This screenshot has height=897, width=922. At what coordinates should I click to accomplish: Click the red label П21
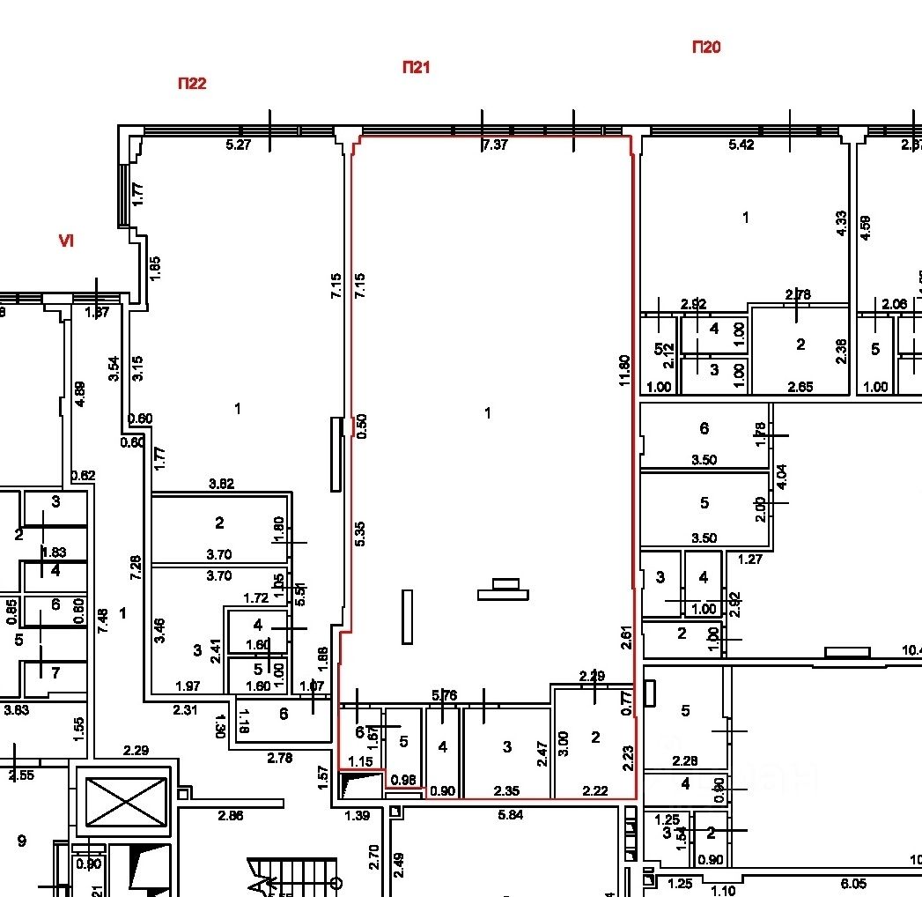(x=416, y=67)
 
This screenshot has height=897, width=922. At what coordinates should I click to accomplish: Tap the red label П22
(x=192, y=84)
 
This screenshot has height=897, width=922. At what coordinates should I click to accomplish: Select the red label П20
(x=706, y=48)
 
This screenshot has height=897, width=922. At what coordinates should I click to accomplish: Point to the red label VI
(x=65, y=241)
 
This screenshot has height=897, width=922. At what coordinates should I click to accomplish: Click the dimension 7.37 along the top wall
(x=495, y=145)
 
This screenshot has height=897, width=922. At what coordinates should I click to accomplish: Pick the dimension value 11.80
(x=623, y=370)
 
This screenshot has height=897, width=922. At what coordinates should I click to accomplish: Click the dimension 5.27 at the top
(x=239, y=145)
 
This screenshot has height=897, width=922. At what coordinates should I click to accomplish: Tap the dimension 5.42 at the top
(x=741, y=145)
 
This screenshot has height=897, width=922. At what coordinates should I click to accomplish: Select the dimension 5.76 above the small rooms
(x=445, y=695)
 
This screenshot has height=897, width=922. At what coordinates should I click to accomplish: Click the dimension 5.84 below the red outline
(x=511, y=815)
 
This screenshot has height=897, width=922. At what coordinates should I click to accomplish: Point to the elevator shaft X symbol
(x=123, y=800)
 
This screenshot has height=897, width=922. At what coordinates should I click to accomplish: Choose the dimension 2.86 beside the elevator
(x=231, y=816)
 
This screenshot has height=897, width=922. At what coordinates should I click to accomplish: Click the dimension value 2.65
(x=800, y=387)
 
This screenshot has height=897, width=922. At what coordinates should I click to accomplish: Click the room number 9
(x=21, y=841)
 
